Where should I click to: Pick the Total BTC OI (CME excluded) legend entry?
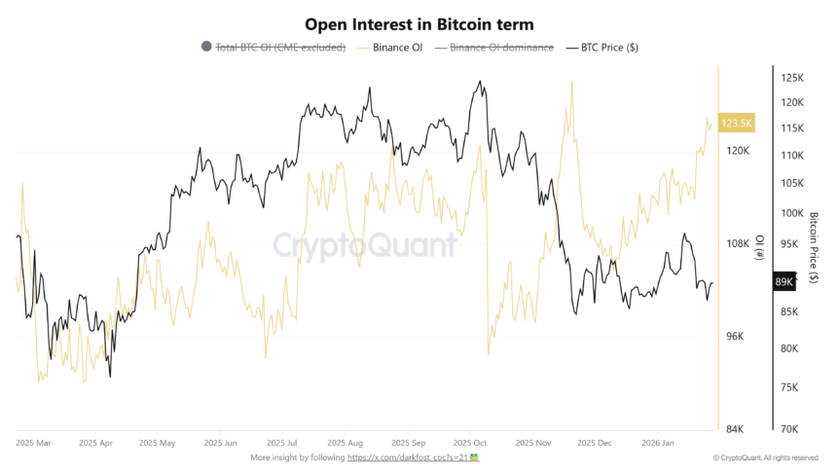(x=280, y=47)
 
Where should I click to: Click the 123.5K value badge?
(x=737, y=123)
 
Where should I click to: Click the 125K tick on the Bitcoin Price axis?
(x=792, y=78)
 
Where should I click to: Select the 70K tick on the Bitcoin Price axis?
(x=789, y=429)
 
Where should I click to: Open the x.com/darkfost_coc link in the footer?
(x=408, y=456)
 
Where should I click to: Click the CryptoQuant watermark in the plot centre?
(x=364, y=244)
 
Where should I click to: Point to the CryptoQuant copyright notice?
(x=766, y=457)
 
